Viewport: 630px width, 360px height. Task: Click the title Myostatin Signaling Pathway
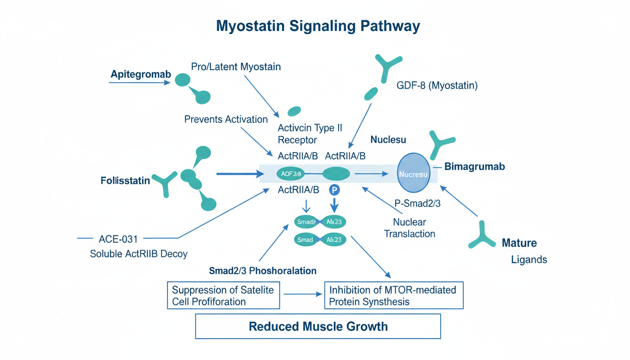[318, 26]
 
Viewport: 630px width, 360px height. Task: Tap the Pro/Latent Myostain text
[236, 67]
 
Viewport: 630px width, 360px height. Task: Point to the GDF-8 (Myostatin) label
[437, 86]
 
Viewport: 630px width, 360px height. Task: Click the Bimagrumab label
[474, 166]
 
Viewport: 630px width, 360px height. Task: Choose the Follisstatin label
[125, 180]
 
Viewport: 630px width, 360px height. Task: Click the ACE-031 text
[118, 239]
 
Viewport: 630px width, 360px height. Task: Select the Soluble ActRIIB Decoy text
[138, 254]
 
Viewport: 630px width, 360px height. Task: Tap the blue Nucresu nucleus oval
[413, 174]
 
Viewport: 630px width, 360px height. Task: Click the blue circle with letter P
[334, 190]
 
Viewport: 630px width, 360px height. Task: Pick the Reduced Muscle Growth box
[318, 326]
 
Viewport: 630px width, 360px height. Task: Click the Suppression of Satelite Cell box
[223, 295]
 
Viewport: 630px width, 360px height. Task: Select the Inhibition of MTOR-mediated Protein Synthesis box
[393, 295]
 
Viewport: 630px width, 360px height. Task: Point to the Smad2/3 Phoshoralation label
[262, 271]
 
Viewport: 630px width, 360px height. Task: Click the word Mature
[519, 243]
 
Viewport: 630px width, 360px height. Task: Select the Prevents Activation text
[226, 119]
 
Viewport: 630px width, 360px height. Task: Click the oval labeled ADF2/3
[291, 174]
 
